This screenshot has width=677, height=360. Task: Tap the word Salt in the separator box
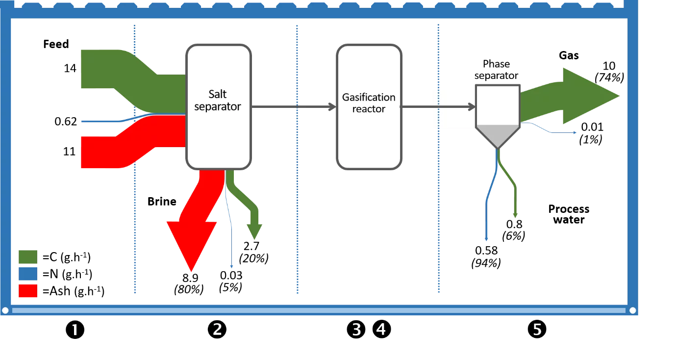217,94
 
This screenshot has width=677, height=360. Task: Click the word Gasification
369,97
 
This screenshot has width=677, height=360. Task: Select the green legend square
28,257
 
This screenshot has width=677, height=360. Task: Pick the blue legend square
28,274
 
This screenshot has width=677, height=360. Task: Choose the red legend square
28,291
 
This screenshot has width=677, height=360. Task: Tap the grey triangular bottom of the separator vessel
498,134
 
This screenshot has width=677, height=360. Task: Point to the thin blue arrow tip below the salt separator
231,267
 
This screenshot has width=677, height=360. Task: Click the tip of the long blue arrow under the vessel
486,240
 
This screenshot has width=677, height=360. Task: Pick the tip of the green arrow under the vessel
515,215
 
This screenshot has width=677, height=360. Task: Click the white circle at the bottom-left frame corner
5,310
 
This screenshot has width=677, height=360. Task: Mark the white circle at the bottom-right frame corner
633,310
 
